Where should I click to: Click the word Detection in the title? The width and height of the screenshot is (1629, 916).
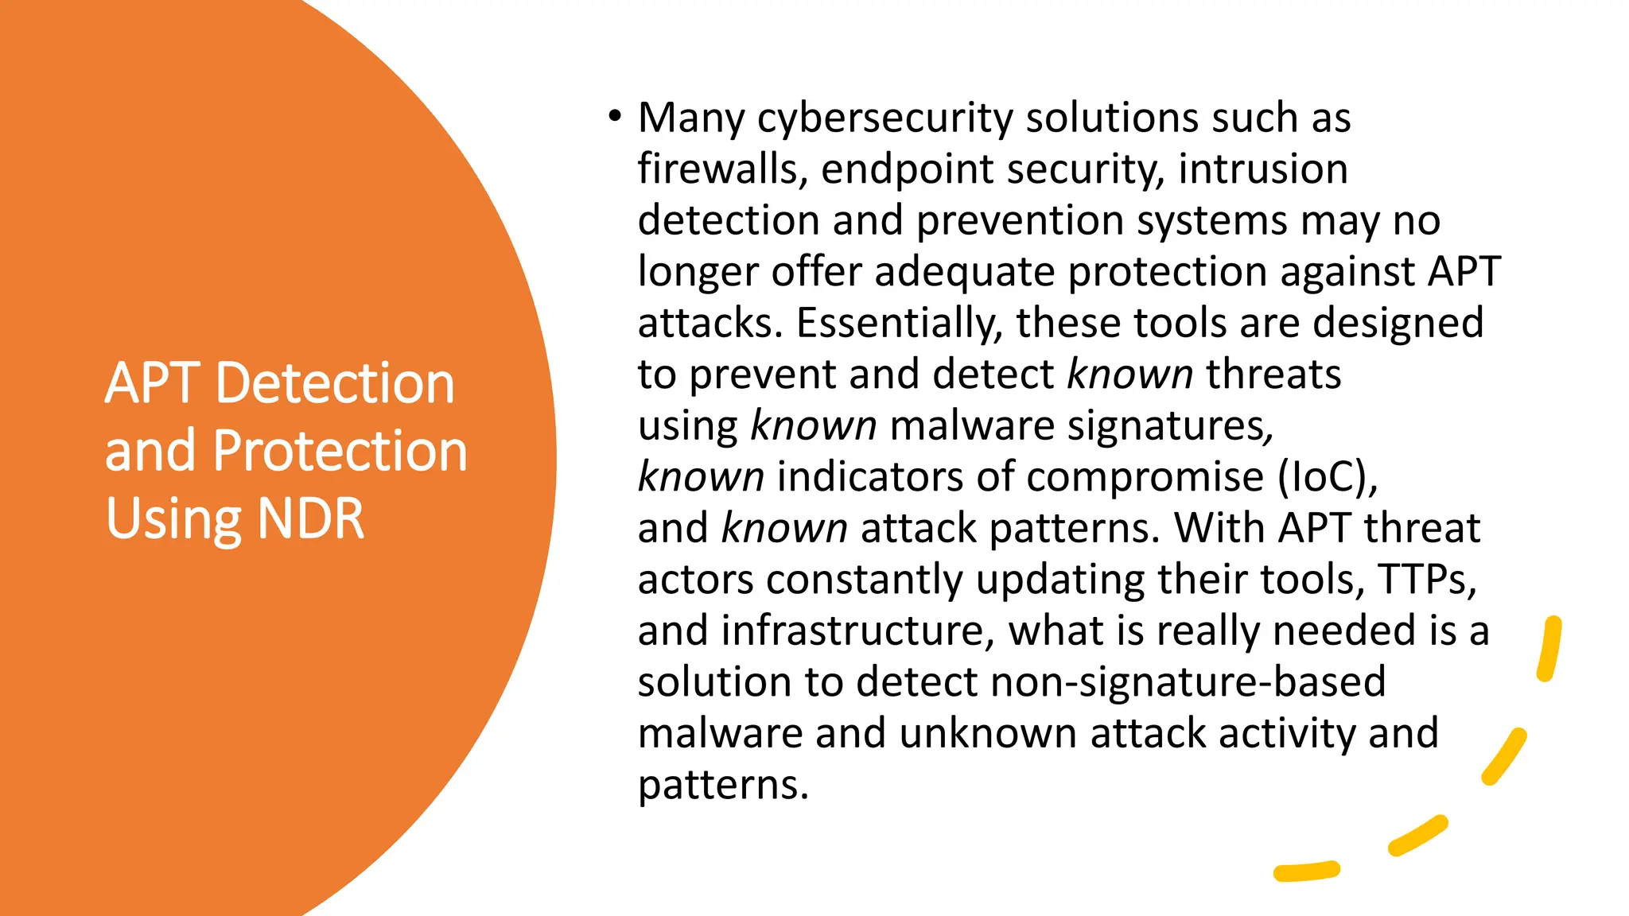335,383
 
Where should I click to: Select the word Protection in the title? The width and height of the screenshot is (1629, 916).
340,451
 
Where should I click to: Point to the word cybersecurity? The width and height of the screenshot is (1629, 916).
884,118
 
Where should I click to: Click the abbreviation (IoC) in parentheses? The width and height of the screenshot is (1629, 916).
1327,477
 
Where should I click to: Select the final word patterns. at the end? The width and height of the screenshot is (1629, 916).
723,785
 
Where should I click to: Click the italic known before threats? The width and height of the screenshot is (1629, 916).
1129,375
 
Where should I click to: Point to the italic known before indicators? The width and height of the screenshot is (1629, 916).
701,477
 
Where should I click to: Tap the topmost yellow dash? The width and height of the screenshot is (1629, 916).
1549,649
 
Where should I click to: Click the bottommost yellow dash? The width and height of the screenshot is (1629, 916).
1306,871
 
